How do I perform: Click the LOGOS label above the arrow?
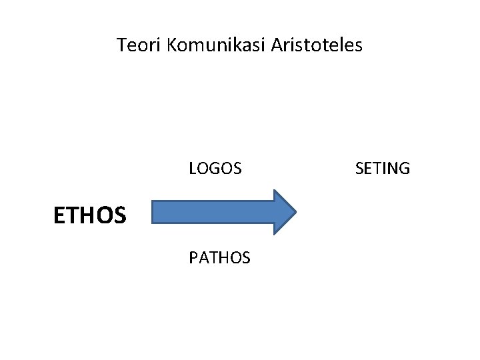(215, 168)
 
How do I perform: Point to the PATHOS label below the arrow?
(220, 257)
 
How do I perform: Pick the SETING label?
(383, 168)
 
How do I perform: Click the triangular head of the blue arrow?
(284, 212)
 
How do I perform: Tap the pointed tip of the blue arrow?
(296, 212)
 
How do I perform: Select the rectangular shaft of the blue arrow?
(213, 212)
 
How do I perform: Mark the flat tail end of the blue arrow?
(153, 212)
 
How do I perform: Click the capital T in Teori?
(122, 45)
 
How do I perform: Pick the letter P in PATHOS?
(193, 257)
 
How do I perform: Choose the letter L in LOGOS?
(193, 168)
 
